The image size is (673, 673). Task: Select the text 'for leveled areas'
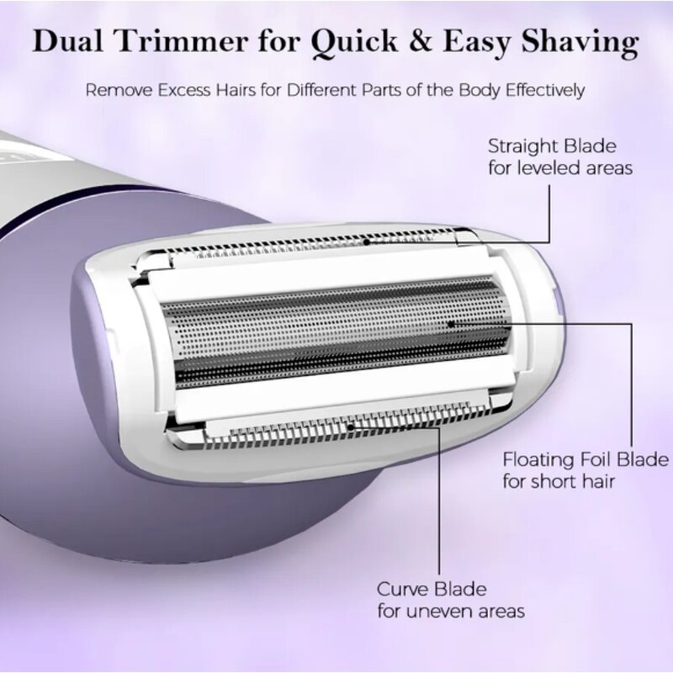pos(560,167)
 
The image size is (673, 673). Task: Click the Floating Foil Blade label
pos(586,459)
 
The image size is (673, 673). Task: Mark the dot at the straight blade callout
pos(367,241)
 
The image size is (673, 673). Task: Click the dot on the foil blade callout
pos(452,322)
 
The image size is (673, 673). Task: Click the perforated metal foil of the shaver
pos(336,328)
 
